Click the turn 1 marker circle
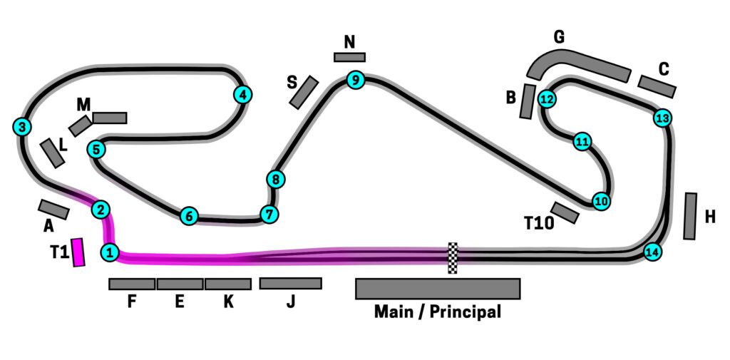pyautogui.click(x=109, y=252)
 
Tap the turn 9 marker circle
pyautogui.click(x=355, y=80)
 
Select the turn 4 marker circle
pyautogui.click(x=242, y=94)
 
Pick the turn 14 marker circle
pyautogui.click(x=652, y=252)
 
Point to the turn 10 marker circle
pyautogui.click(x=601, y=202)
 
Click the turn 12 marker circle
pyautogui.click(x=547, y=99)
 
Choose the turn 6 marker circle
pyautogui.click(x=188, y=215)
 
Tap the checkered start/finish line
pyautogui.click(x=452, y=257)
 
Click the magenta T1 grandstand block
pyautogui.click(x=78, y=252)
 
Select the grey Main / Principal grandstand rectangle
pyautogui.click(x=438, y=288)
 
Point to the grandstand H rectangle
pyautogui.click(x=690, y=215)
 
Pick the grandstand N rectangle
pyautogui.click(x=349, y=57)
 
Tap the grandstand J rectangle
pyautogui.click(x=290, y=283)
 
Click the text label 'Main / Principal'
pyautogui.click(x=438, y=312)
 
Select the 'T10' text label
pyautogui.click(x=539, y=224)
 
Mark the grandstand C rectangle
pyautogui.click(x=657, y=86)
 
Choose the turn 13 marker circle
pyautogui.click(x=662, y=118)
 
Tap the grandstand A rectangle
pyautogui.click(x=53, y=209)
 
